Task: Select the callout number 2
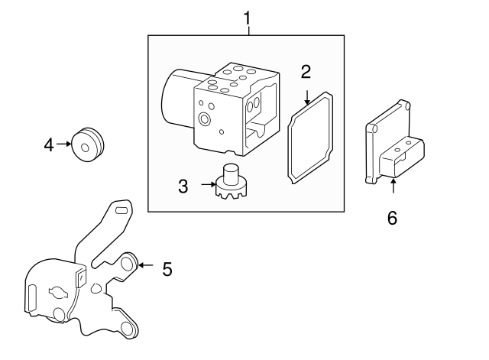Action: tap(306, 73)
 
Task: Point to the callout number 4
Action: tap(49, 143)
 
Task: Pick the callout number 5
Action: tap(167, 269)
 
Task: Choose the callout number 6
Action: tap(392, 218)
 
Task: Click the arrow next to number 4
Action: tap(64, 143)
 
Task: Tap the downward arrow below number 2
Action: tap(306, 96)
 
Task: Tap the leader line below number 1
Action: tap(247, 31)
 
